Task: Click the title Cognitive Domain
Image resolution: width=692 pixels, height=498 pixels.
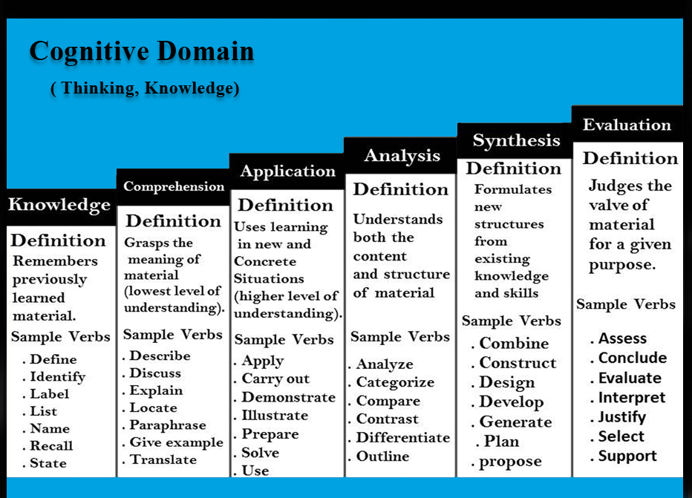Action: [142, 52]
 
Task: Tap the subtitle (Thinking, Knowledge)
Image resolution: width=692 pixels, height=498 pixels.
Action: [146, 88]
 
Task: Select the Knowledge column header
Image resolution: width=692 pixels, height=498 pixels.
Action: [59, 205]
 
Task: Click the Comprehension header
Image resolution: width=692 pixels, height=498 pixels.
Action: [174, 186]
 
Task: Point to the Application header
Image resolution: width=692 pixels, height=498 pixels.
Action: [288, 171]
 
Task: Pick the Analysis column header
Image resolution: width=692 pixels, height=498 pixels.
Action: [402, 156]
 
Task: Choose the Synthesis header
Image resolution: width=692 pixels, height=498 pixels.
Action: [516, 141]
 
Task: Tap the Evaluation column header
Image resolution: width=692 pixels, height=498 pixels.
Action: [627, 125]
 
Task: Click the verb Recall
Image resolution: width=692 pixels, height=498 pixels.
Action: [51, 446]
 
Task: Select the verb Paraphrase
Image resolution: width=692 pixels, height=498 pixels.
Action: [168, 425]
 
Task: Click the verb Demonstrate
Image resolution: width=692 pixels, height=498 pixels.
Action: [289, 397]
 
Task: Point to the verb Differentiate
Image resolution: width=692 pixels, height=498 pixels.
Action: [403, 438]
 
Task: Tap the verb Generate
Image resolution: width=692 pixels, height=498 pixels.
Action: [515, 422]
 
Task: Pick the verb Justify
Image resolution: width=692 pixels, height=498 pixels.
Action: [621, 417]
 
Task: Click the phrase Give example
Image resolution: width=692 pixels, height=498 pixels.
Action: [177, 442]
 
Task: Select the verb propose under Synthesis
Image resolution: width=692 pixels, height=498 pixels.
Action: [510, 462]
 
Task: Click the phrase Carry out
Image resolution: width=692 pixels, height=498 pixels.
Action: [275, 379]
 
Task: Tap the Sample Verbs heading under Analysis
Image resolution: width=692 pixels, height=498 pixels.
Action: [400, 337]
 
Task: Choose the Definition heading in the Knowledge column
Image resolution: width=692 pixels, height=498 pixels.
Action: [58, 240]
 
